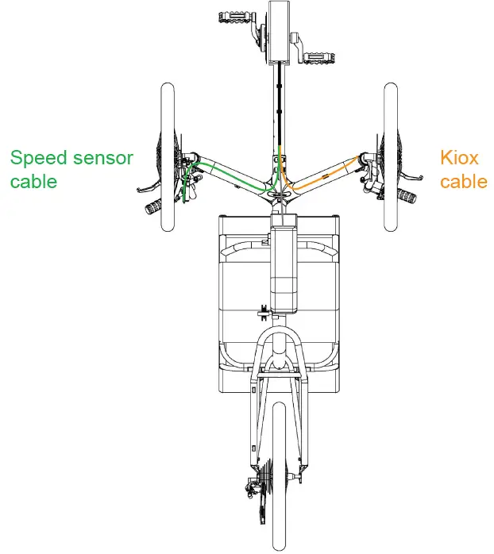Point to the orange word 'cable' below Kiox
(x=463, y=181)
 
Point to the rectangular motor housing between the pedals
(x=278, y=32)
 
